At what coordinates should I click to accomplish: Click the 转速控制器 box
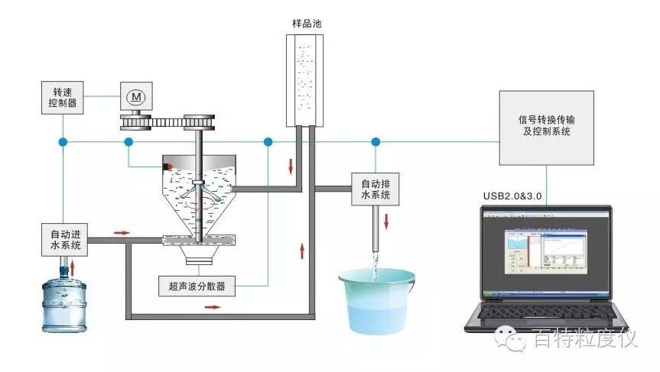point(64,96)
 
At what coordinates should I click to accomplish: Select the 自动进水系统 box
point(65,238)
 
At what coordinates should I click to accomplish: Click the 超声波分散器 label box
point(196,286)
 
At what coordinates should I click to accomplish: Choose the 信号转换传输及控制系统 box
point(545,128)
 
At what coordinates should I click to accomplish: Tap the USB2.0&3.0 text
point(512,196)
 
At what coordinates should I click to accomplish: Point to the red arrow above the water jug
point(73,268)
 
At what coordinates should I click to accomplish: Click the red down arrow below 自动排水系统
point(386,221)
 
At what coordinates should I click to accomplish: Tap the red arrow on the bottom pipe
point(212,307)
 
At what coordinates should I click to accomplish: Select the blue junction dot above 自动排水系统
point(375,142)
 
